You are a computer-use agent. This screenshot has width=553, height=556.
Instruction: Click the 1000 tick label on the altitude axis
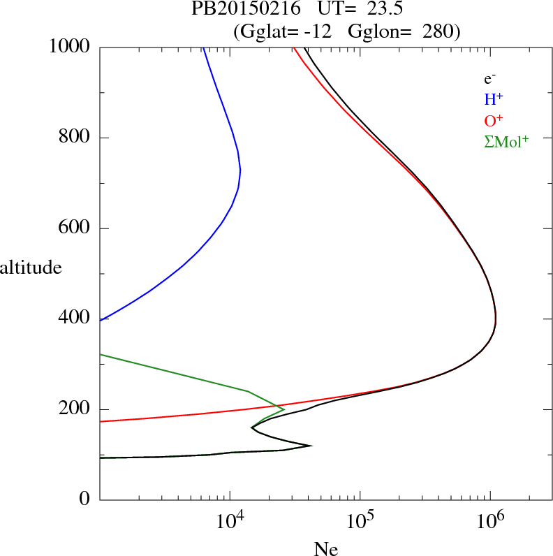click(x=70, y=47)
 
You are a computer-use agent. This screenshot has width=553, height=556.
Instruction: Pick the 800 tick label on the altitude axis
click(x=75, y=138)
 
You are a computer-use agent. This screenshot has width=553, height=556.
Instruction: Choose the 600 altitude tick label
click(x=75, y=228)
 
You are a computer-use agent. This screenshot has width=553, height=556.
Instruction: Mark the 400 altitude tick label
click(x=75, y=319)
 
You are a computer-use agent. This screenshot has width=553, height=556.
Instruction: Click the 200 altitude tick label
click(x=75, y=409)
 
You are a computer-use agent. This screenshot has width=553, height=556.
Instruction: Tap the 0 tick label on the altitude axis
click(x=86, y=499)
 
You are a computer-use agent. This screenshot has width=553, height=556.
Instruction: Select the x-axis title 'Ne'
click(x=326, y=549)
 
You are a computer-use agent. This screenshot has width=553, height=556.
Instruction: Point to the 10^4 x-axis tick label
click(x=231, y=521)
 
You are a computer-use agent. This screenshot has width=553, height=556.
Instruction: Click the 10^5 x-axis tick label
click(x=360, y=521)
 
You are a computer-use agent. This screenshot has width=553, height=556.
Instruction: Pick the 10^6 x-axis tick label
click(x=490, y=521)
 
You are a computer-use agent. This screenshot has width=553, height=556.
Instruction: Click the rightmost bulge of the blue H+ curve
click(x=240, y=170)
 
